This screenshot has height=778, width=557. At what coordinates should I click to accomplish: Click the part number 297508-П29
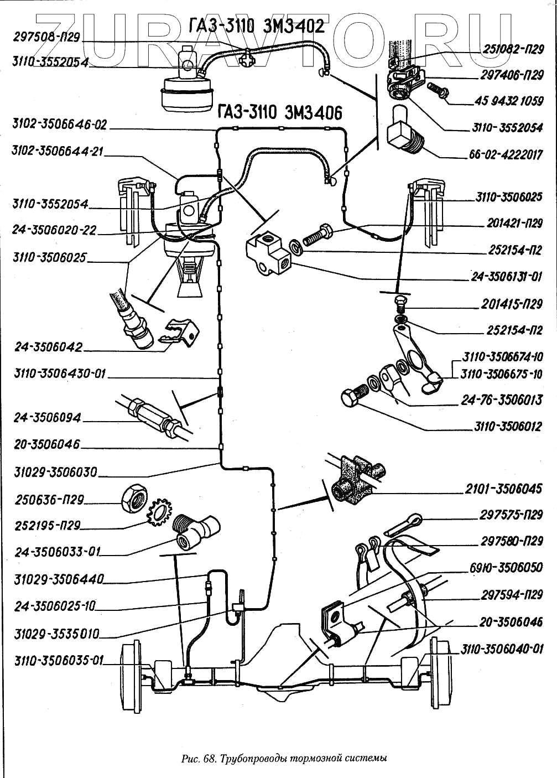[x=46, y=38]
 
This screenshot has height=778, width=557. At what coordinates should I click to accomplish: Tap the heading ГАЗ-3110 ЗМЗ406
[x=279, y=112]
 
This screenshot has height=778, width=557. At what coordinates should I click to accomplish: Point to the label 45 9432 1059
[x=509, y=101]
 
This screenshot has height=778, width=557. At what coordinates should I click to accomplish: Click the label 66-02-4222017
[x=506, y=155]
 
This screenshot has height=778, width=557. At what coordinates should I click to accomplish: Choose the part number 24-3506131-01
[x=506, y=277]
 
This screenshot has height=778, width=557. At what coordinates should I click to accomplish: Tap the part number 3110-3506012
[x=508, y=426]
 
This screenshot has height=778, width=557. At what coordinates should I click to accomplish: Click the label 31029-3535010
[x=56, y=634]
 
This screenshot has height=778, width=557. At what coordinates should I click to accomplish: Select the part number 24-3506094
[x=47, y=418]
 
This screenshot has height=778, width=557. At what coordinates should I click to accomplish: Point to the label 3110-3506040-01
[x=502, y=649]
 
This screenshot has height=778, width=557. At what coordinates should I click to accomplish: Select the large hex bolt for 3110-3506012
[x=352, y=397]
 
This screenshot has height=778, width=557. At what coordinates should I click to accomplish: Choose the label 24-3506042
[x=49, y=347]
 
